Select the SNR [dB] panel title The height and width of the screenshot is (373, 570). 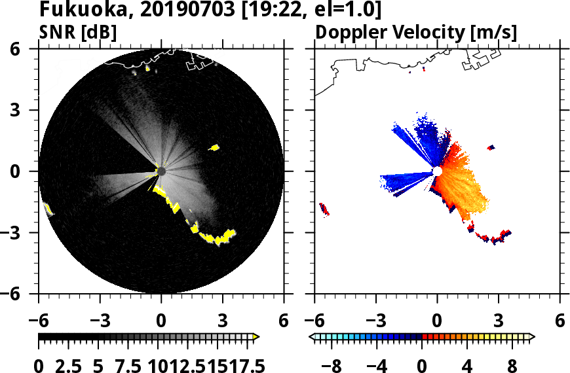pos(79,31)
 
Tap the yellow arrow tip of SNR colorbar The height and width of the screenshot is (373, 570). pos(256,337)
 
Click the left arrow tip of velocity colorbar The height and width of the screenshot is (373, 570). pos(313,337)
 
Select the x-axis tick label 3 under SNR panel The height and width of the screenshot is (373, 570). pos(222,322)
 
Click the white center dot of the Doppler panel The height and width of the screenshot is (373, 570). pos(437,171)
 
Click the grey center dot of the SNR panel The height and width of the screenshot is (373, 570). pos(161,171)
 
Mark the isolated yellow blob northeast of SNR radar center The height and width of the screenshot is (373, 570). pos(214,147)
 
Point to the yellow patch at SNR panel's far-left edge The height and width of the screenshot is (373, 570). pos(48,209)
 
